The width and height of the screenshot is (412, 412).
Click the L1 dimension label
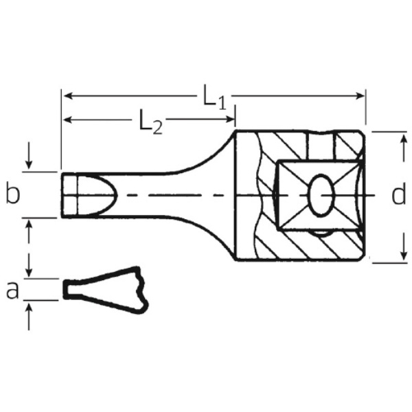(x=214, y=98)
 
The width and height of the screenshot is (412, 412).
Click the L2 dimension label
(x=150, y=123)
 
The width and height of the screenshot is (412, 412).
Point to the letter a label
(x=12, y=290)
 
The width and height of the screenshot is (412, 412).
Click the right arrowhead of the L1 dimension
(x=360, y=96)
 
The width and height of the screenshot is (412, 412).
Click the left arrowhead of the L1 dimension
(x=68, y=96)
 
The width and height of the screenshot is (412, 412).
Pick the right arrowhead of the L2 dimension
(x=230, y=119)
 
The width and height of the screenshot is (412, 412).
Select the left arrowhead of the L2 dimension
(x=68, y=120)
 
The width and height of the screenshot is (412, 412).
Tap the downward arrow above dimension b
(x=29, y=156)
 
